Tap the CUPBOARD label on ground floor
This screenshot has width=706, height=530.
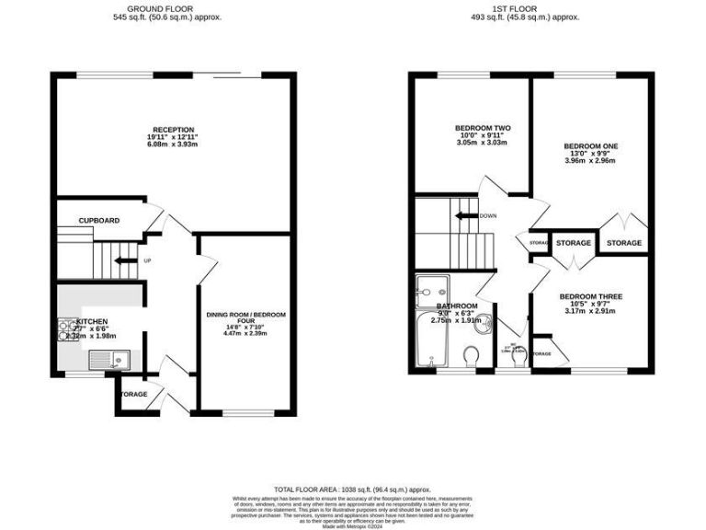pyautogui.click(x=98, y=221)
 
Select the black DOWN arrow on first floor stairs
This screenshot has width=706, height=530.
pyautogui.click(x=468, y=216)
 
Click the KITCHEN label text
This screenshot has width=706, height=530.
pyautogui.click(x=98, y=322)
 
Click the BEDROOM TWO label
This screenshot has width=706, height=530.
pyautogui.click(x=483, y=128)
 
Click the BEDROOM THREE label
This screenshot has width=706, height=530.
pyautogui.click(x=591, y=296)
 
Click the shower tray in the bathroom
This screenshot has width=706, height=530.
pyautogui.click(x=429, y=288)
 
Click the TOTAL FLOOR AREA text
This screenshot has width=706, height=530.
pyautogui.click(x=352, y=490)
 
